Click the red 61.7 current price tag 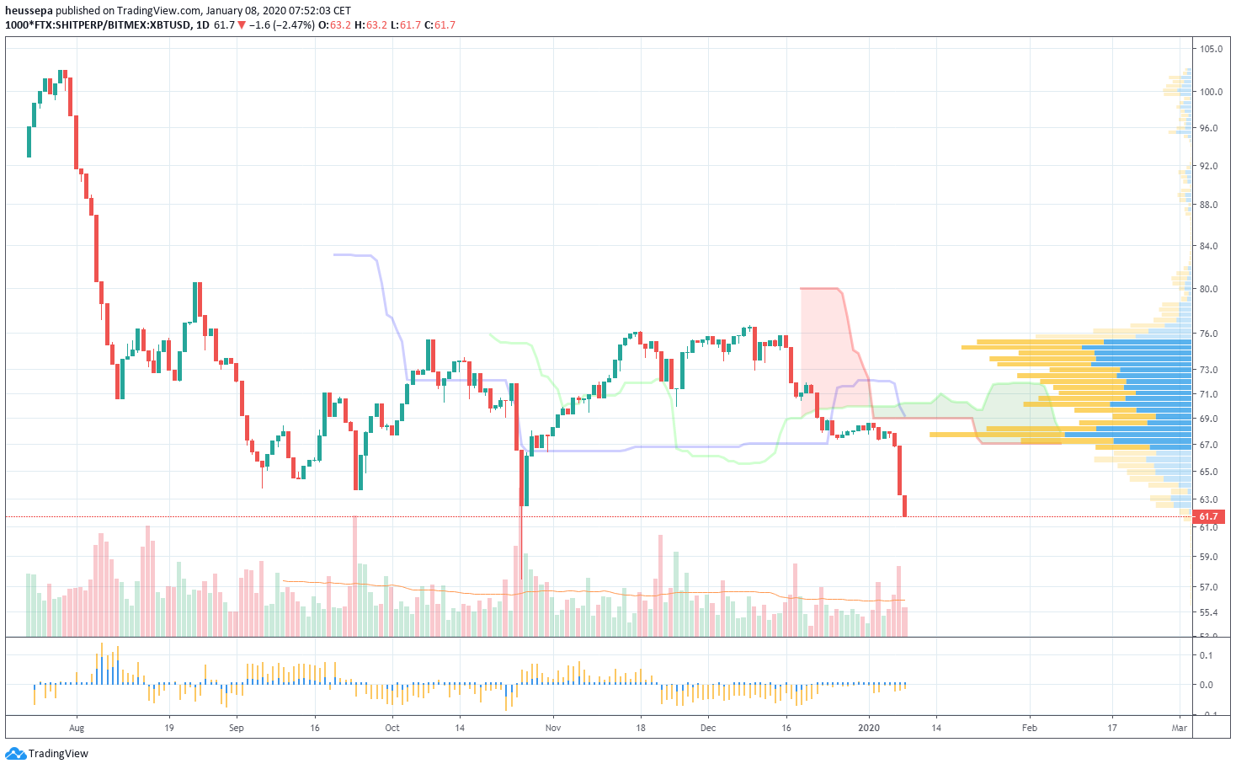1208,516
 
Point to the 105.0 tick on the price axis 1211,49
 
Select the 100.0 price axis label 1211,92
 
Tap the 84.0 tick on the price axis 1209,246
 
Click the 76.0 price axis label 1209,334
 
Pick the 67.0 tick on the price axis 1209,445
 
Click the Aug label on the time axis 77,728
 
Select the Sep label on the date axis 236,728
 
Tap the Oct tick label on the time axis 392,728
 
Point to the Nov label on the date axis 553,728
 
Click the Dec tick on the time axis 708,728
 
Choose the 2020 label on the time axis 869,728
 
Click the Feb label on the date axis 1029,728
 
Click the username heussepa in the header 29,11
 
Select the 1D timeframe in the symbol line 202,25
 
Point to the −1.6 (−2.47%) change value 281,25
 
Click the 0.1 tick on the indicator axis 1206,655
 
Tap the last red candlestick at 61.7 904,506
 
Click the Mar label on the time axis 1180,728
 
